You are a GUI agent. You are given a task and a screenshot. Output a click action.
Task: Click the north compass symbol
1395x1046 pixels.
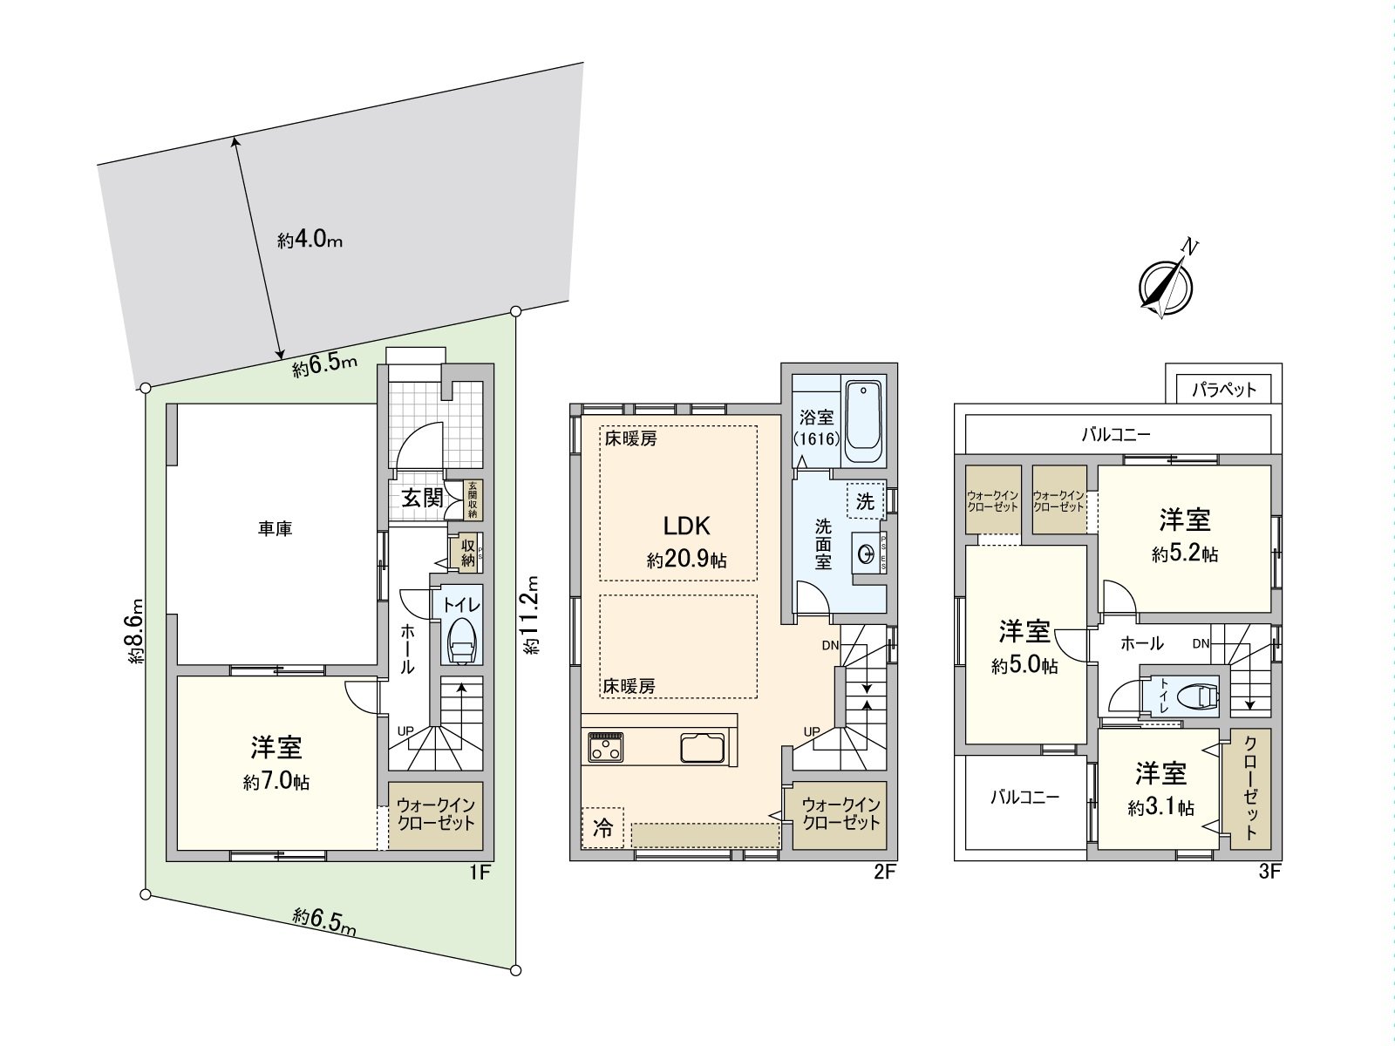click(1166, 284)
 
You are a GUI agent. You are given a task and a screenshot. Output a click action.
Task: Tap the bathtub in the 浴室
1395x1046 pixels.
click(864, 422)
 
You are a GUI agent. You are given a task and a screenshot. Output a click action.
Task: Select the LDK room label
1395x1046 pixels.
click(687, 526)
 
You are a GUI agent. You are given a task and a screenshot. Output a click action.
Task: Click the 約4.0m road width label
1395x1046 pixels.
click(310, 240)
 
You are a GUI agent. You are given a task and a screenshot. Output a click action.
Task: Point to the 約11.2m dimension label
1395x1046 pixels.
click(533, 615)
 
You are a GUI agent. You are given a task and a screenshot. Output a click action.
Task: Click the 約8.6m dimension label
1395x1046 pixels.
click(133, 633)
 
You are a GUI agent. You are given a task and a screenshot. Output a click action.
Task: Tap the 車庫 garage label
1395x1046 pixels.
click(275, 528)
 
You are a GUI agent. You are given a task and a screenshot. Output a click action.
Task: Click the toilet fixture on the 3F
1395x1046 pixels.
click(1194, 696)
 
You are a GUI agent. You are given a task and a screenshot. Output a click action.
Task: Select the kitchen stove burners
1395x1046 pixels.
click(605, 747)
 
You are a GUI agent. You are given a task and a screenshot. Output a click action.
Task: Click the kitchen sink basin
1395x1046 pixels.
click(702, 748)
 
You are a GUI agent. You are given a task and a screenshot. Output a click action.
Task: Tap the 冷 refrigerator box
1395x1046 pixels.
click(602, 827)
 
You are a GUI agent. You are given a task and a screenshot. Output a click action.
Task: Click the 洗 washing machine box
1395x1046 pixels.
click(865, 501)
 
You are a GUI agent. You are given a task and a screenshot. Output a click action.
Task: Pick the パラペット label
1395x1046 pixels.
click(1224, 389)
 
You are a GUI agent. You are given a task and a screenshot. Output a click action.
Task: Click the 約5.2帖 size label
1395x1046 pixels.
click(1185, 554)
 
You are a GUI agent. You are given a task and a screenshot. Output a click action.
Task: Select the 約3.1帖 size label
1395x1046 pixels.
click(1160, 808)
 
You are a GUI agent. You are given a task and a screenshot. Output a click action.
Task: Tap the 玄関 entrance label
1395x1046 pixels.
click(422, 499)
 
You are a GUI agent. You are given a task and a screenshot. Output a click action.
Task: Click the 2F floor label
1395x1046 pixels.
click(884, 872)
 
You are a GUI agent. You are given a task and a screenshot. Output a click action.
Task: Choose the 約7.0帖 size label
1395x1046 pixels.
click(276, 782)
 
